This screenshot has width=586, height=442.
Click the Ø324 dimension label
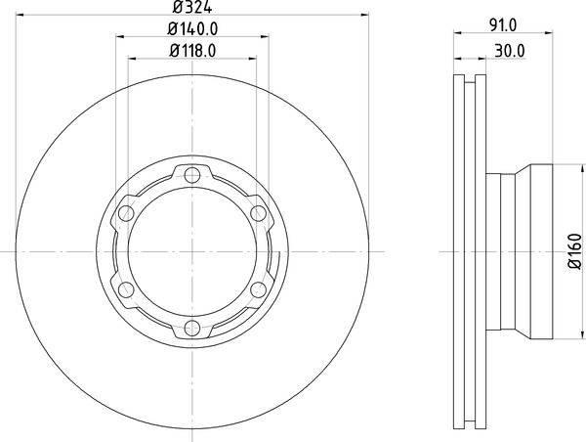(x=192, y=7)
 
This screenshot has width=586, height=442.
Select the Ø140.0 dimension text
(x=192, y=28)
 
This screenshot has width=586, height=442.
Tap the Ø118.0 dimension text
(x=192, y=51)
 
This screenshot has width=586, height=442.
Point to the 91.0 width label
(x=503, y=25)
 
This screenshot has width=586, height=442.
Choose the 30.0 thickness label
(x=510, y=51)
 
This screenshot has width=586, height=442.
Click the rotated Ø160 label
(x=575, y=250)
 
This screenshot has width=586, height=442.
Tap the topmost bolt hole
(x=192, y=175)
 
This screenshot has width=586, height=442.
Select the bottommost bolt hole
(x=192, y=328)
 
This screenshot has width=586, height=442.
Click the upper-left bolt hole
(x=126, y=213)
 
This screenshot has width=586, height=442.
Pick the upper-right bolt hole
(x=258, y=213)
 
